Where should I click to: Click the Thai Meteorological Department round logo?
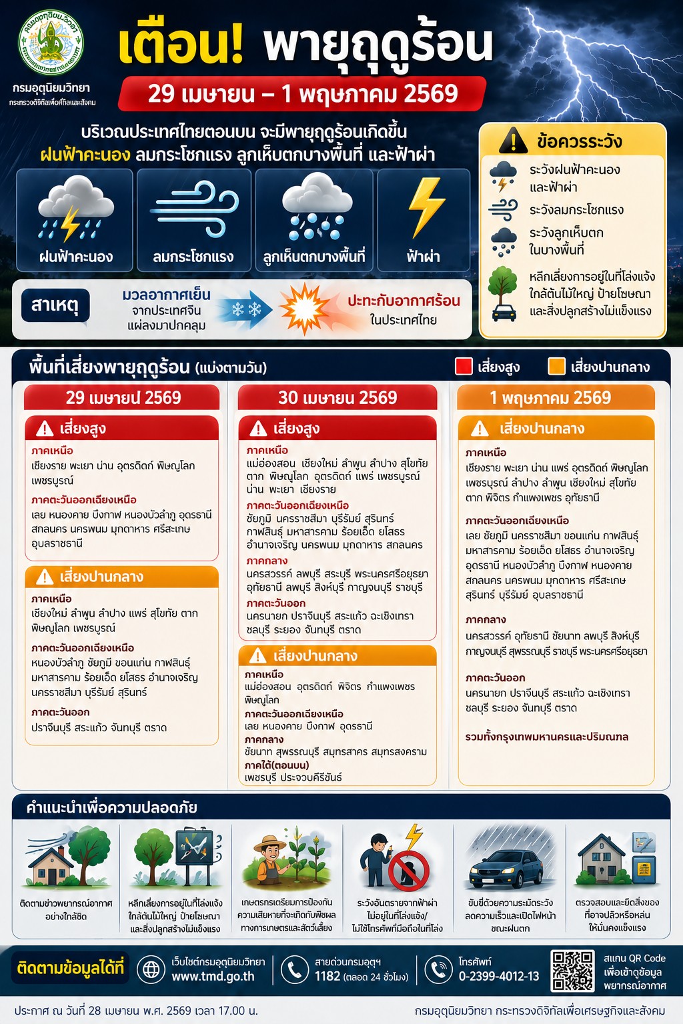pyautogui.click(x=51, y=43)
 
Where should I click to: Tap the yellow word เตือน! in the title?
pyautogui.click(x=180, y=45)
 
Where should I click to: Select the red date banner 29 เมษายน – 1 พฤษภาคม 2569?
pyautogui.click(x=302, y=94)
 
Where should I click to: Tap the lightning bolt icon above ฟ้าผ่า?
pyautogui.click(x=425, y=207)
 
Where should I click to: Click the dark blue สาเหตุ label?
pyautogui.click(x=55, y=306)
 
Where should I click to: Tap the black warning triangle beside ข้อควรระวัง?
pyautogui.click(x=513, y=141)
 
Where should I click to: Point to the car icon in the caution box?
pyautogui.click(x=504, y=311)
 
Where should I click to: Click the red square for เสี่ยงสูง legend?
pyautogui.click(x=464, y=367)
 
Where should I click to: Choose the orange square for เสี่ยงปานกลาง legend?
pyautogui.click(x=556, y=367)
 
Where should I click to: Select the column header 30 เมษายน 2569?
pyautogui.click(x=337, y=398)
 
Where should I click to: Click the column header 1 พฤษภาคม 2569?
pyautogui.click(x=550, y=398)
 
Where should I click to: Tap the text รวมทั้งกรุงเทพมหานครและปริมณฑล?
pyautogui.click(x=547, y=737)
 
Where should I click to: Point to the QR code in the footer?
pyautogui.click(x=572, y=971)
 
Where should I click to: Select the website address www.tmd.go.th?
pyautogui.click(x=213, y=977)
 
